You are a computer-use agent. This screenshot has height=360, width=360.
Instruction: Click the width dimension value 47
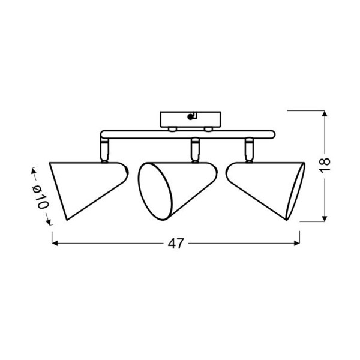click(x=176, y=244)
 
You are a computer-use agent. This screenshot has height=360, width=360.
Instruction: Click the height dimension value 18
click(x=325, y=164)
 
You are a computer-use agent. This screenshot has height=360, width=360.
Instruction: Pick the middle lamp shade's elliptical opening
click(x=155, y=191)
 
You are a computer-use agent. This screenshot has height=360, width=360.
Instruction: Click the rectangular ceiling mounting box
click(x=190, y=119)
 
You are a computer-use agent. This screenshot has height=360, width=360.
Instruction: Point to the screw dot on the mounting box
click(x=190, y=117)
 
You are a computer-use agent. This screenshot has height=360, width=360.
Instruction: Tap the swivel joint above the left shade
click(x=104, y=150)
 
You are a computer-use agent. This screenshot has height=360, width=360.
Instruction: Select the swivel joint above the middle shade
click(x=195, y=150)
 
